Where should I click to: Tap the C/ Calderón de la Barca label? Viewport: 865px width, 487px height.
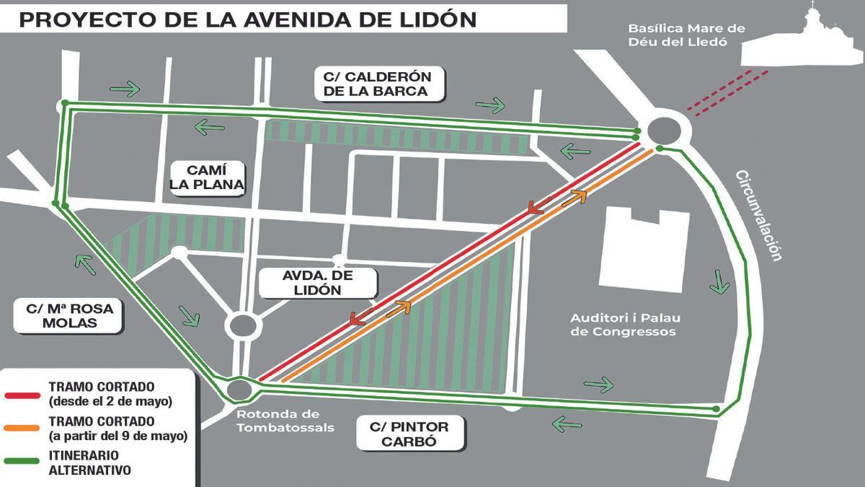click(x=381, y=84)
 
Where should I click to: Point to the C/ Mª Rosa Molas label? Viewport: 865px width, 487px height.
click(x=70, y=316)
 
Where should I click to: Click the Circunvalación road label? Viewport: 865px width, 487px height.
click(x=760, y=215)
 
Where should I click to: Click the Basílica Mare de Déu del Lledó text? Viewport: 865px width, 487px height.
click(x=685, y=35)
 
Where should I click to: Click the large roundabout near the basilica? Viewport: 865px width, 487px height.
click(x=663, y=131)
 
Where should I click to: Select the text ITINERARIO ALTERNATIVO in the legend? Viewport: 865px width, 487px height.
click(x=89, y=463)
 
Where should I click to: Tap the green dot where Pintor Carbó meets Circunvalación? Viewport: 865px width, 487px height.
click(x=715, y=410)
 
